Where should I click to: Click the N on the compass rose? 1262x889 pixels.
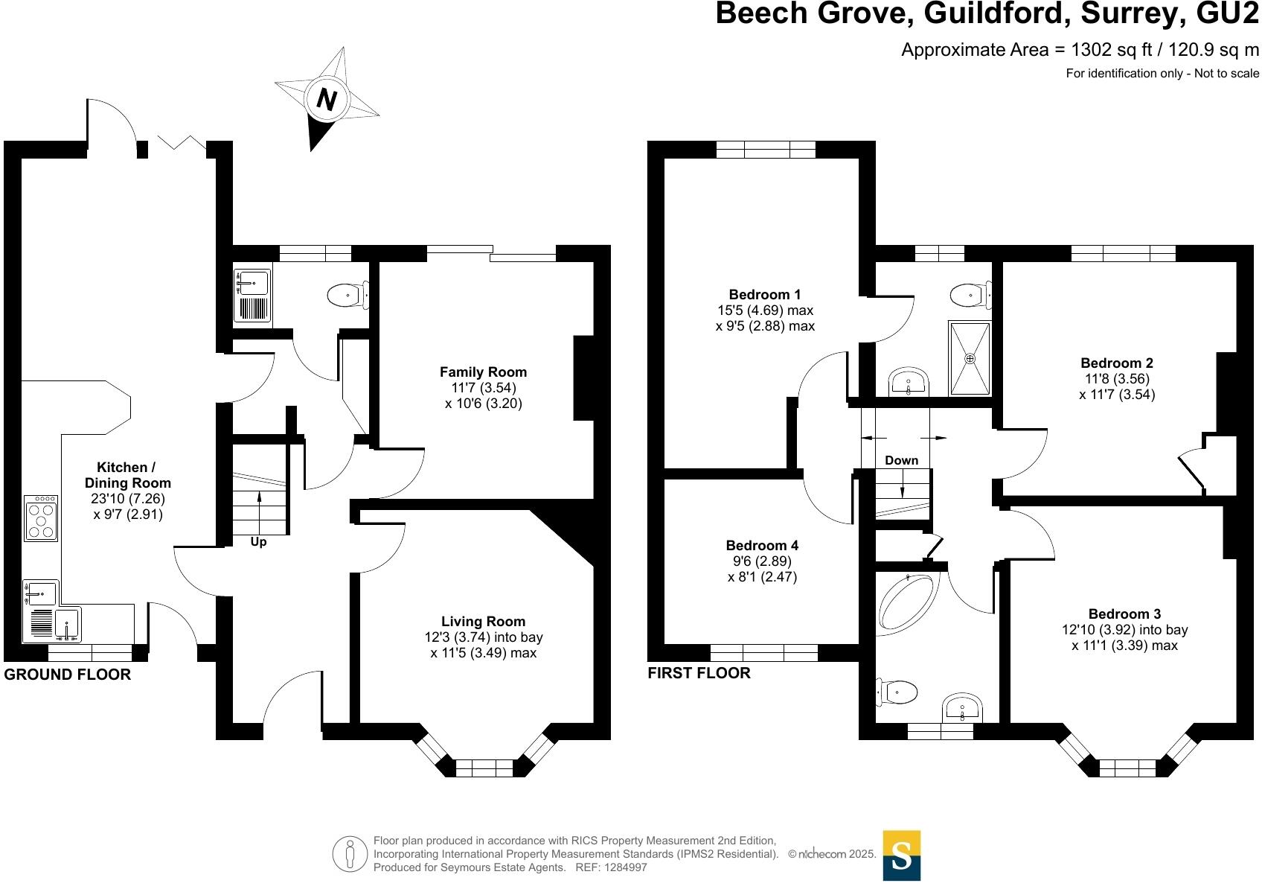(x=326, y=99)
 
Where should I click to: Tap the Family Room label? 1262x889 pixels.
(x=483, y=372)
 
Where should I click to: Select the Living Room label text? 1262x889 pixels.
(x=483, y=622)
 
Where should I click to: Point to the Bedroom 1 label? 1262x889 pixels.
(x=765, y=295)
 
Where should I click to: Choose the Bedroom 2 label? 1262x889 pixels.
(x=1117, y=363)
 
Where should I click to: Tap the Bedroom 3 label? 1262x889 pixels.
(x=1124, y=614)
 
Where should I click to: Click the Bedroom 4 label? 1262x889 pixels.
(x=762, y=546)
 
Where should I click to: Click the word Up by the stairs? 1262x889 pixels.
(x=258, y=542)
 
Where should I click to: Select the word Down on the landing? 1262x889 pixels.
(x=901, y=461)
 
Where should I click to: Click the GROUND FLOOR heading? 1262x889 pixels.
(x=67, y=675)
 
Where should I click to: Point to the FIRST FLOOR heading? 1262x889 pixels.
(x=699, y=673)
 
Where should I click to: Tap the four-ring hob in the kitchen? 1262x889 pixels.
(x=41, y=518)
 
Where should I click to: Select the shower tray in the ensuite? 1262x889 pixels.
(x=970, y=358)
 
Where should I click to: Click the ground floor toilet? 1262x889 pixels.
(x=347, y=296)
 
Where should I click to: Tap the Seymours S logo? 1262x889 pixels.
(x=901, y=855)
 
